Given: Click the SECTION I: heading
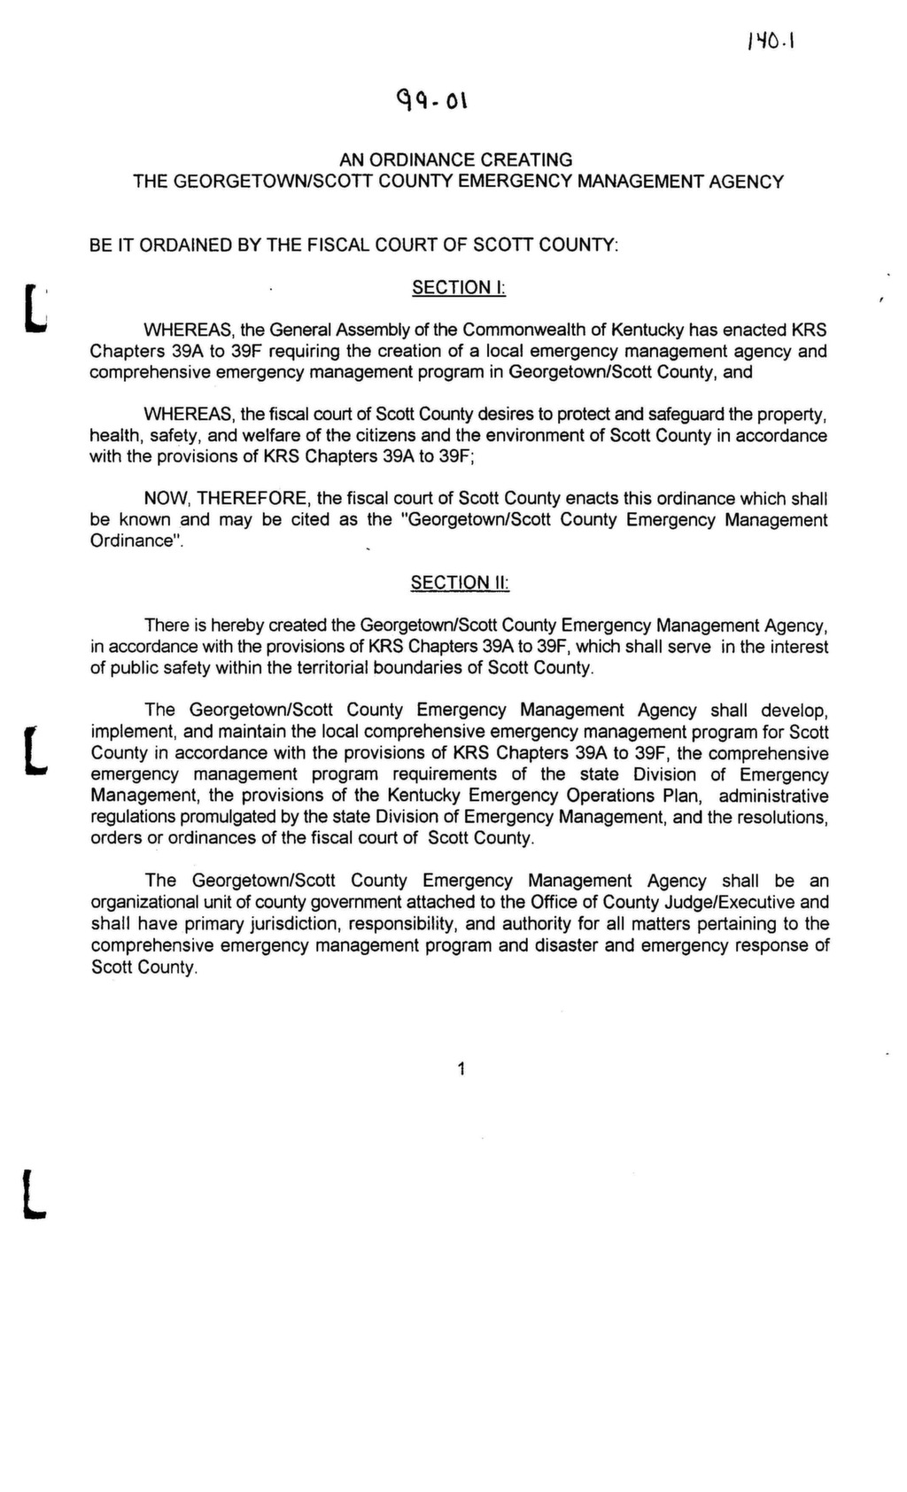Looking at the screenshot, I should [x=458, y=287].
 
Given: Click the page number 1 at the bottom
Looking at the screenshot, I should [x=461, y=1069].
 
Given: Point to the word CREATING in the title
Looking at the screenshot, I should [x=526, y=160].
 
